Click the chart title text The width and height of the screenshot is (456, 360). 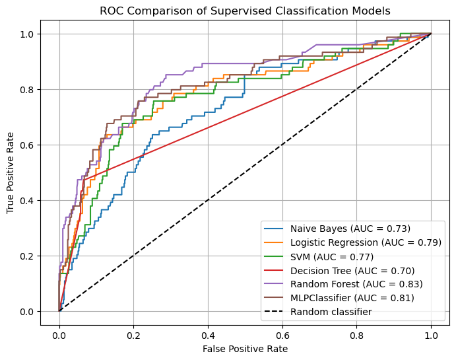[x=245, y=11]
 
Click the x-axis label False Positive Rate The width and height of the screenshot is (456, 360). [x=245, y=349]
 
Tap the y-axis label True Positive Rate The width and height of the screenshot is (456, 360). [x=10, y=172]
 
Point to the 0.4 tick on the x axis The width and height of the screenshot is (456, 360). [x=208, y=336]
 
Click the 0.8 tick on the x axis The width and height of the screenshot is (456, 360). [x=356, y=336]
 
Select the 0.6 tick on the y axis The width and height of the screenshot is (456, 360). [x=27, y=145]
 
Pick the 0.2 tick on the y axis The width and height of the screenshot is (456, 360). [x=27, y=256]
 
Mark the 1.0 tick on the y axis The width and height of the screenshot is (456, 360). [x=27, y=34]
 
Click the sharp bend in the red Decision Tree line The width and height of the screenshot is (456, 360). [x=84, y=180]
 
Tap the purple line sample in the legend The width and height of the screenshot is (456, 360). [x=273, y=283]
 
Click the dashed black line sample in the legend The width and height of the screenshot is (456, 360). [x=273, y=311]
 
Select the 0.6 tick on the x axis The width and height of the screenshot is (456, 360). [x=282, y=336]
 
